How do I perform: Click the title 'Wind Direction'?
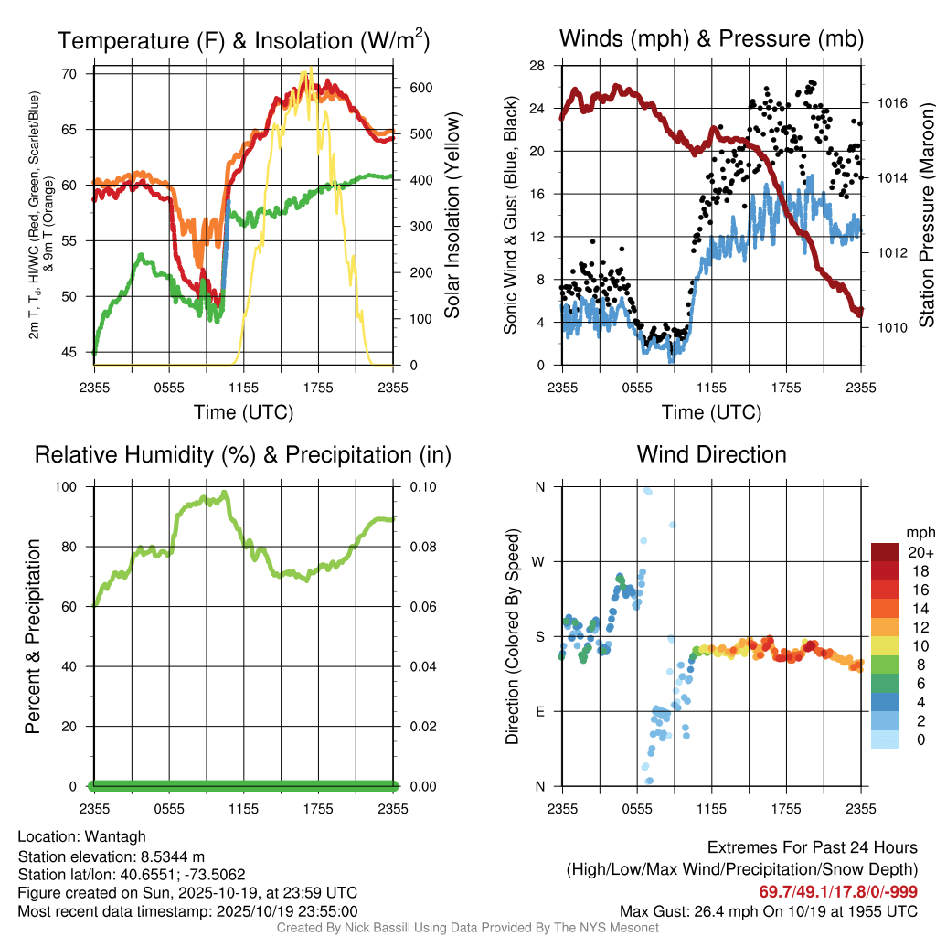711,454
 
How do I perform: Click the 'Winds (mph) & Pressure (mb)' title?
711,39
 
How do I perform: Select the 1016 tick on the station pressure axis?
890,103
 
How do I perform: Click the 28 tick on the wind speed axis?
537,66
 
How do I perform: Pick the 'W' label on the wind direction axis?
539,561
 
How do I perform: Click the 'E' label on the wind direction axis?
539,711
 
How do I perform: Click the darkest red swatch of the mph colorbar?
885,552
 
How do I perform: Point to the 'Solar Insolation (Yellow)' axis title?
452,215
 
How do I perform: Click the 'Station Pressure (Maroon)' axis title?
925,215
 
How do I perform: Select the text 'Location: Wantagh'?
81,836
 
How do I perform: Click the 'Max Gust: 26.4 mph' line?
769,910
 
